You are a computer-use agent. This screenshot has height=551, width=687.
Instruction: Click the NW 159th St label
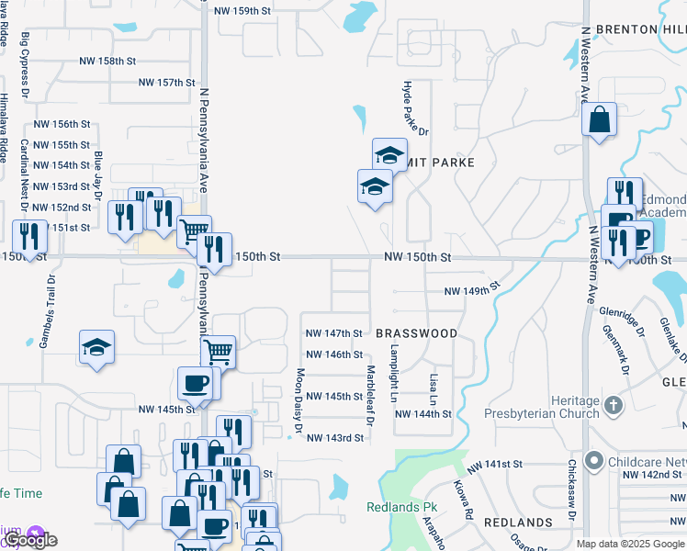click(x=242, y=11)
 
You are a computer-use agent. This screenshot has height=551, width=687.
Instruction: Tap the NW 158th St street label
click(x=105, y=61)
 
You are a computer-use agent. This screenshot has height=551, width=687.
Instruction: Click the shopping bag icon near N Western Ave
click(x=599, y=119)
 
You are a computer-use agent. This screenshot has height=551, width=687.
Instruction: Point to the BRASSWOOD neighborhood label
click(x=416, y=333)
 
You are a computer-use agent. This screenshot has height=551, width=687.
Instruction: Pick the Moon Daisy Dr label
click(x=299, y=400)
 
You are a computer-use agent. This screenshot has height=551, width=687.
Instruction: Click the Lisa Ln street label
click(x=434, y=389)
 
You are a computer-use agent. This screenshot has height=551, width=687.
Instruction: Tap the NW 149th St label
click(x=471, y=290)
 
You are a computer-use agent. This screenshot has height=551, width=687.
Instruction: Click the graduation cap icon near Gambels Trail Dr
click(x=96, y=346)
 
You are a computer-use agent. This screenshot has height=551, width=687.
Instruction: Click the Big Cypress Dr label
click(x=25, y=66)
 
